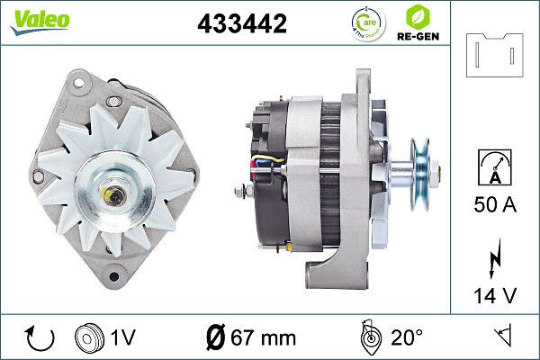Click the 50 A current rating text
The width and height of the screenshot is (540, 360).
tap(495, 204)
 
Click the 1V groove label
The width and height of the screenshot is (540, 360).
tap(124, 339)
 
